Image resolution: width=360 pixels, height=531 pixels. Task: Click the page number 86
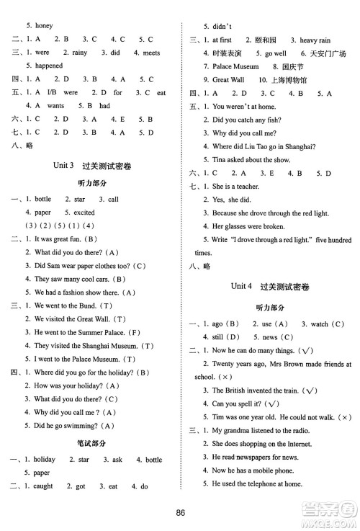180,512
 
